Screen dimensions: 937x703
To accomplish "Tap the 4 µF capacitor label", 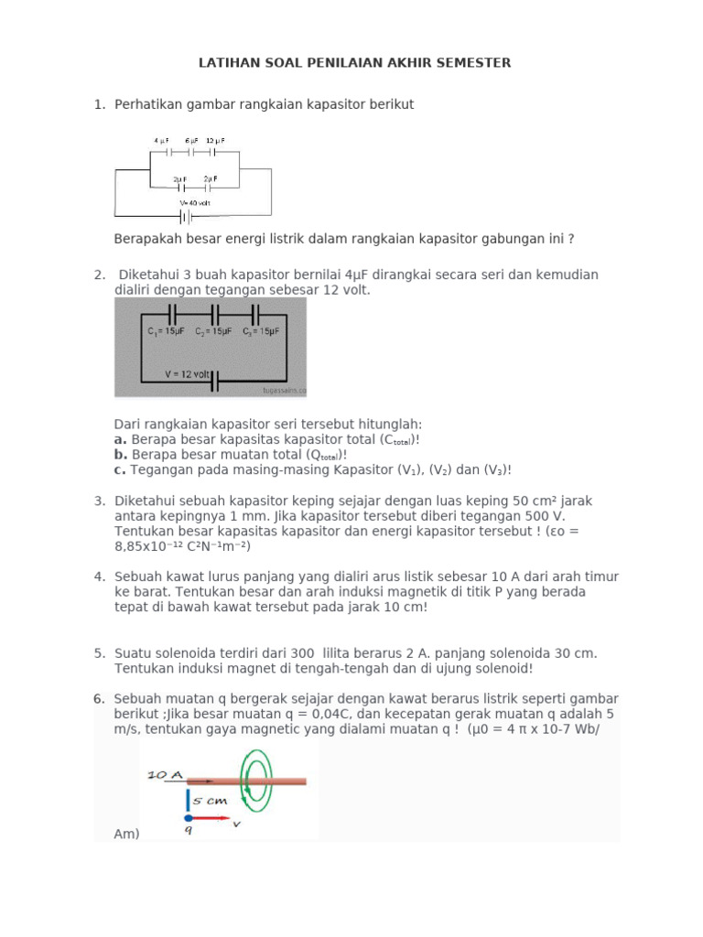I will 161,140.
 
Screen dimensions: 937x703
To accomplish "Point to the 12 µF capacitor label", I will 215,140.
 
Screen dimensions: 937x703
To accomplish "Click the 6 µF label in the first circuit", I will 190,140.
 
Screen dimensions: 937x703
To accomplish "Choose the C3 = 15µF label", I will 261,332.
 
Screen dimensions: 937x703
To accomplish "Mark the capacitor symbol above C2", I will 213,312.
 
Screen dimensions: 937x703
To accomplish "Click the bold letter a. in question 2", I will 121,439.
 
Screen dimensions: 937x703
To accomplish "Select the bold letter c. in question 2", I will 120,469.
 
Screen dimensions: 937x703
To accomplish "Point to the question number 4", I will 99,576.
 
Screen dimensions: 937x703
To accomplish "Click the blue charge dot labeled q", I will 188,817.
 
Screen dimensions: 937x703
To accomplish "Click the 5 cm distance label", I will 211,799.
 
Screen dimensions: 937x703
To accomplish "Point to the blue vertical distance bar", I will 188,799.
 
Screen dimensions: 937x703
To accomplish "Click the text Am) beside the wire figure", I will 126,834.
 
